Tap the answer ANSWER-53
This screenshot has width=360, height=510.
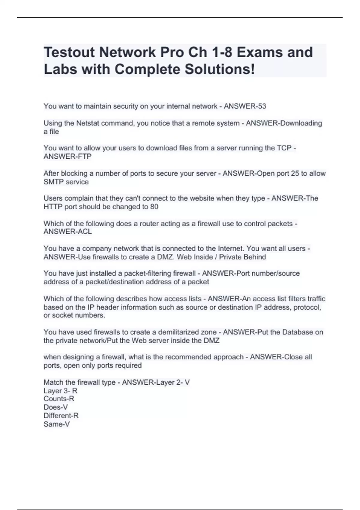point(245,106)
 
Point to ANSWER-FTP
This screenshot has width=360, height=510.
point(67,156)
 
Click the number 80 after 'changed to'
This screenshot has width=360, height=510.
point(154,207)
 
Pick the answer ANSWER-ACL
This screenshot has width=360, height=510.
point(67,232)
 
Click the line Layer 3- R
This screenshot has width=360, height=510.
point(60,391)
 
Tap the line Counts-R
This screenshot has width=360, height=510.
point(59,399)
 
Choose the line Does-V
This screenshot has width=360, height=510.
point(55,407)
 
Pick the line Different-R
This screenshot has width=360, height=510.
point(61,415)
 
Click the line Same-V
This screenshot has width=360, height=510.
point(57,424)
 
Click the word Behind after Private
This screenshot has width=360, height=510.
point(255,257)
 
